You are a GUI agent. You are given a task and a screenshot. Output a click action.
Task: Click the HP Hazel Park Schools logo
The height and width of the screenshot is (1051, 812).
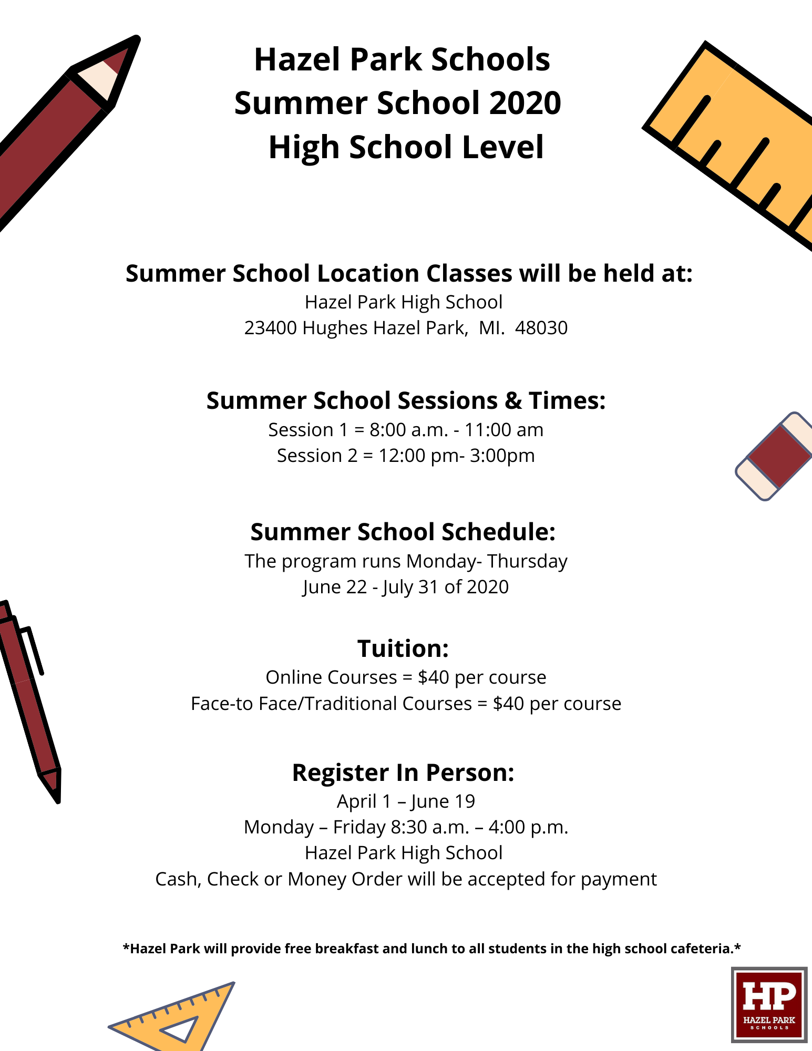pos(769,1005)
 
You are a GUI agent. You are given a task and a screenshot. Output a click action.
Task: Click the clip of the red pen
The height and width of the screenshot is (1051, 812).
pos(33,650)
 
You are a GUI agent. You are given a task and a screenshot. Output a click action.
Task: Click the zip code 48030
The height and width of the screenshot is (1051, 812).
pos(541,328)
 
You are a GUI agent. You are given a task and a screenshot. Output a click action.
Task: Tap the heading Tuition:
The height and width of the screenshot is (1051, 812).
pos(403,648)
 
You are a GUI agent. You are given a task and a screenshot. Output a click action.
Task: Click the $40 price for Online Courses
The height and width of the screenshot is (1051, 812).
pos(434,677)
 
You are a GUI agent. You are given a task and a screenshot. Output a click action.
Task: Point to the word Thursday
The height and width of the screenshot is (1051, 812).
pos(527,562)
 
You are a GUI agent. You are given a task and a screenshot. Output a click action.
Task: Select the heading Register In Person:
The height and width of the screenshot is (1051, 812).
pos(403,772)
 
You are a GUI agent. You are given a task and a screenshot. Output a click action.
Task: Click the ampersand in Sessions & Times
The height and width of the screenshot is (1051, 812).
pos(513,401)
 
